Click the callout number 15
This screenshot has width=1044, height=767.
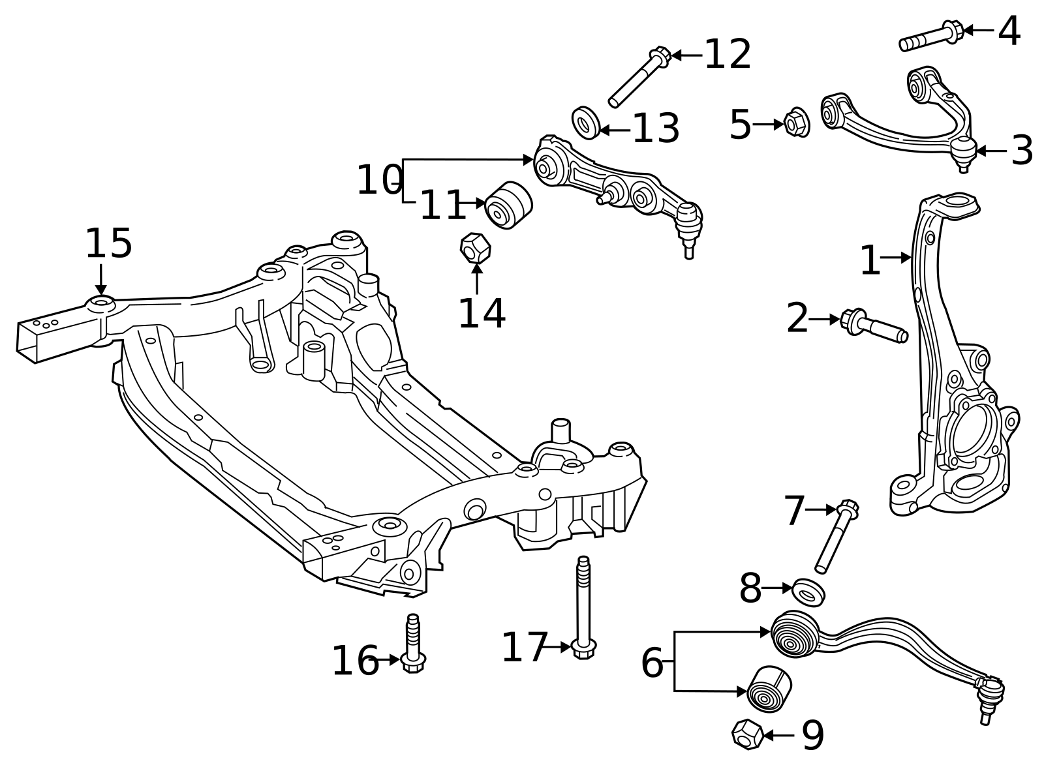(109, 243)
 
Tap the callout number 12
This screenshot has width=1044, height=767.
(728, 55)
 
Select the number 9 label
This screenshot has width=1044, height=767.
(813, 736)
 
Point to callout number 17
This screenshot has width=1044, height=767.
(524, 647)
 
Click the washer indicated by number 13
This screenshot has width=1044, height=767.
(586, 123)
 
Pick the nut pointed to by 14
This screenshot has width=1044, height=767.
(476, 247)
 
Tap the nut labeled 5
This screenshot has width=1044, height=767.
(797, 123)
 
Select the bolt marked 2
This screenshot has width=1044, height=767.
(874, 325)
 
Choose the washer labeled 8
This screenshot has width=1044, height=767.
(808, 592)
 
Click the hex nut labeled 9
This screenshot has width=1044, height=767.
(748, 735)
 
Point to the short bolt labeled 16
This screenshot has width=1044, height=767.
(413, 644)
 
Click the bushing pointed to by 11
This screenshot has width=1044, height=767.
(508, 205)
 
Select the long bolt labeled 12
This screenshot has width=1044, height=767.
(639, 77)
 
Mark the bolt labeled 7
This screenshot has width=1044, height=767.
(837, 536)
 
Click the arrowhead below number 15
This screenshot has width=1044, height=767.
(100, 290)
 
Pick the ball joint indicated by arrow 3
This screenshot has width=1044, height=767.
(963, 154)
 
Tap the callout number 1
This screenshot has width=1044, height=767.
(870, 260)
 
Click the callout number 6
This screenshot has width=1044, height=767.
(652, 663)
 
